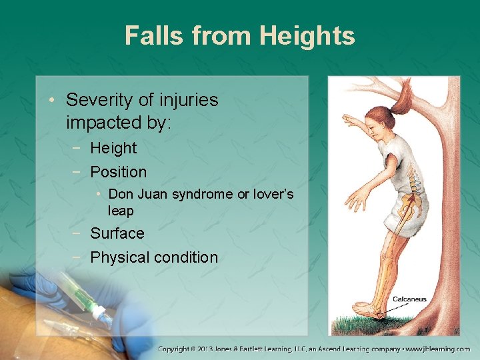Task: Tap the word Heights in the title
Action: click(x=309, y=35)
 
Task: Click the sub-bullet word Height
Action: click(x=113, y=148)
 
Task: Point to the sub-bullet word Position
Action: click(x=118, y=172)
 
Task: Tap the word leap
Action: click(x=121, y=211)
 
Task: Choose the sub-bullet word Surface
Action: click(x=117, y=233)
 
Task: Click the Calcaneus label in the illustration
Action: click(x=409, y=299)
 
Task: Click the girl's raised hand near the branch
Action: click(x=349, y=121)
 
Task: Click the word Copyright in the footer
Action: click(x=179, y=349)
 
